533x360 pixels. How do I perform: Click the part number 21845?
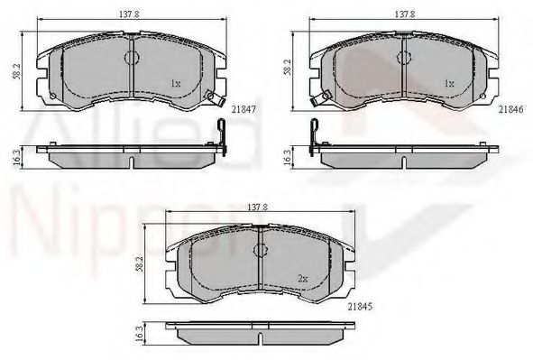tap(361, 307)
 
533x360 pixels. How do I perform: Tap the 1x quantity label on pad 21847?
tap(175, 83)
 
